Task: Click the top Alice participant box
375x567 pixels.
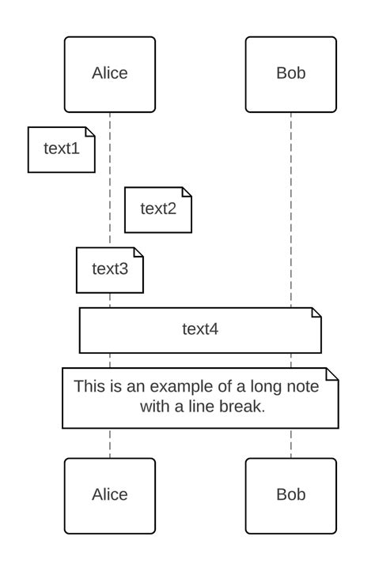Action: click(x=109, y=74)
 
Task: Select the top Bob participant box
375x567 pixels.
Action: click(x=290, y=74)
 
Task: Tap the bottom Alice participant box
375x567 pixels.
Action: click(x=109, y=495)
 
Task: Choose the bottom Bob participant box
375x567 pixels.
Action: click(x=290, y=495)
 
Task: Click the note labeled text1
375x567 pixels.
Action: click(x=61, y=149)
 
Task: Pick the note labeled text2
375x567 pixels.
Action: click(x=157, y=209)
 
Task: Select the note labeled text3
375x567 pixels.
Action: click(x=109, y=269)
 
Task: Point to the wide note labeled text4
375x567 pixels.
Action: click(x=200, y=329)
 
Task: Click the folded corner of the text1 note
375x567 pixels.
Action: click(x=90, y=131)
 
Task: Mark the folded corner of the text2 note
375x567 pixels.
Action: click(x=187, y=192)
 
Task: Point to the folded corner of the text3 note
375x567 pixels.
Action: click(x=138, y=252)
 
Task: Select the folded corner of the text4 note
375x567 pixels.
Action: click(x=316, y=312)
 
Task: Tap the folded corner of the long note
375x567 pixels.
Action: click(x=333, y=373)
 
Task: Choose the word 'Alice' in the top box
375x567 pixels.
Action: click(x=109, y=74)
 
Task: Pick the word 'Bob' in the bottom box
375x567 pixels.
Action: click(x=290, y=495)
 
